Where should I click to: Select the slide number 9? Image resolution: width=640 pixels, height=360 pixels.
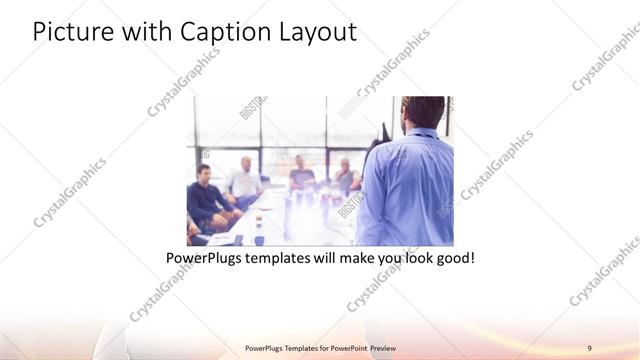point(590,347)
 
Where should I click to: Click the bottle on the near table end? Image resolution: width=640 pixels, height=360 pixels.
point(258,234)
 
